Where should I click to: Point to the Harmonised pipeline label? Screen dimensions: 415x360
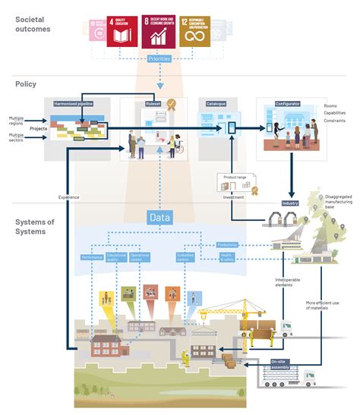(74, 102)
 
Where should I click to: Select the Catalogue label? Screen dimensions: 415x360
(211, 102)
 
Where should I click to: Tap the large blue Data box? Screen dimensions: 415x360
(159, 217)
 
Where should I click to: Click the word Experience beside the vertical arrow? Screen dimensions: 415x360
(69, 197)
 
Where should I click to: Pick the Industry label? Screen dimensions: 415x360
(290, 203)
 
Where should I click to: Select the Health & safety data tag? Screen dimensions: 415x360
(227, 257)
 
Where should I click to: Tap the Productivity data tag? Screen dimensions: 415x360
(226, 245)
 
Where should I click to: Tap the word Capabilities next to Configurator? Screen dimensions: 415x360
(336, 112)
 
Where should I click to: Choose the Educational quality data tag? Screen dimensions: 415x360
(116, 257)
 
